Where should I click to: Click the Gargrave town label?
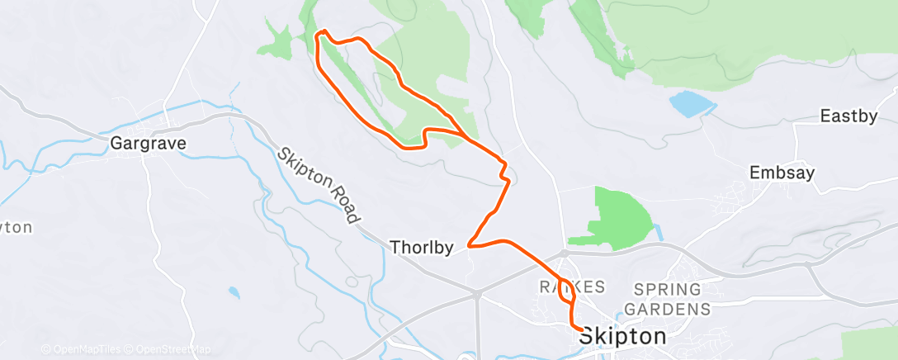point(149,144)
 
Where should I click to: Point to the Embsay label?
point(782,173)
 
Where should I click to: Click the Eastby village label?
point(848,116)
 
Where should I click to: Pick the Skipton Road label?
point(319,186)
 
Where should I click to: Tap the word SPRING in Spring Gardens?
point(668,290)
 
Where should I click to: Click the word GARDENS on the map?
point(668,309)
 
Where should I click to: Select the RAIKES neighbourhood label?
point(572,287)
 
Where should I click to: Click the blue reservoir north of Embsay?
point(692,105)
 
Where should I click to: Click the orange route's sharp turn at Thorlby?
point(469,244)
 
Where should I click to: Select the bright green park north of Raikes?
point(618,216)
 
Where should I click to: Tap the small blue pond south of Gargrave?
point(234,292)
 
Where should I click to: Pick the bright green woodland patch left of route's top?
point(281,41)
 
